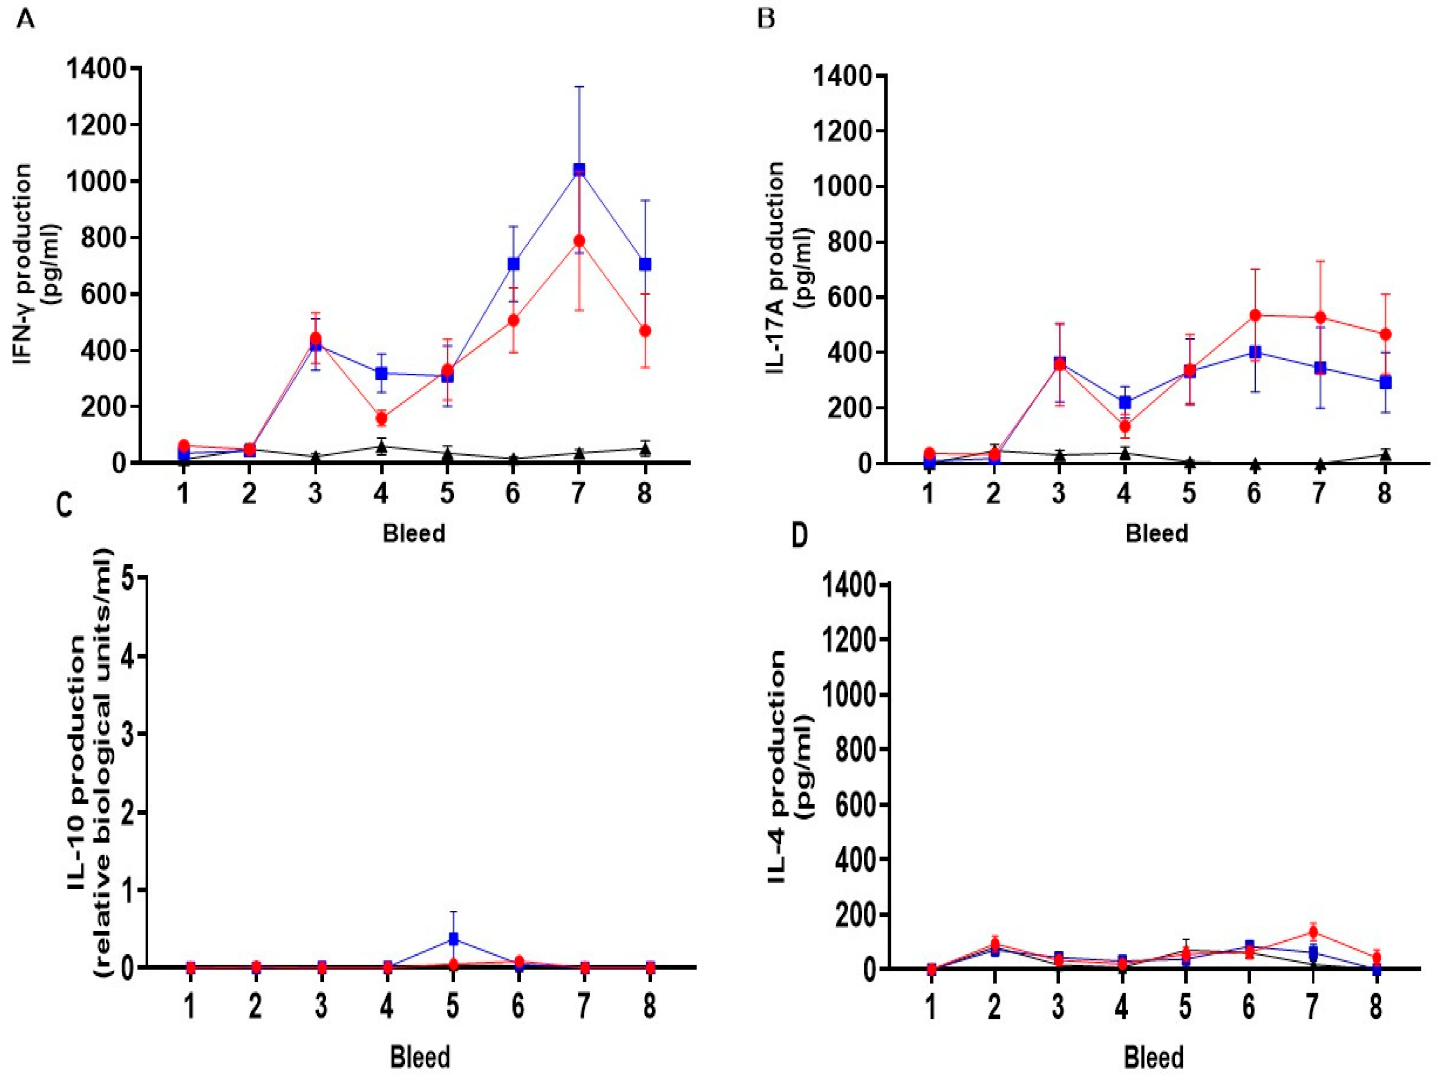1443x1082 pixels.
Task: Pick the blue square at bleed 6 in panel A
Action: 513,263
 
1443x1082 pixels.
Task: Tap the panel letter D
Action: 799,535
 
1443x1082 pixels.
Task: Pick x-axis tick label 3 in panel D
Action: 1057,1006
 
